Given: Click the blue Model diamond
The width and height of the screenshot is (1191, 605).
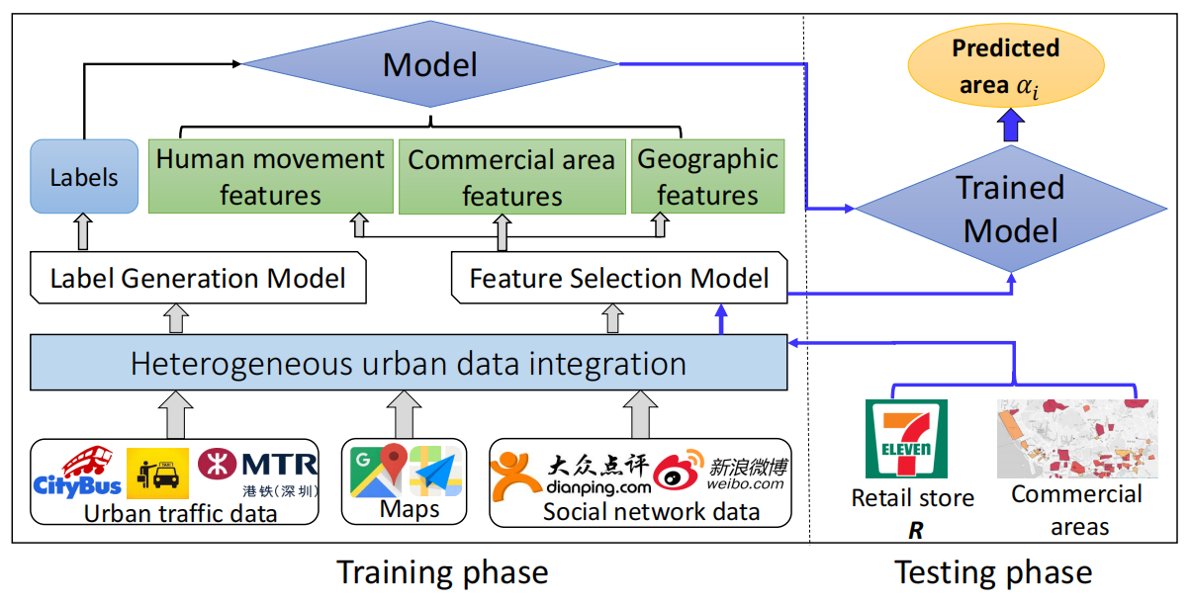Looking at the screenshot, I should coord(430,66).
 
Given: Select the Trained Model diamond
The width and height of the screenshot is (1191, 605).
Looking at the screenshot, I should coord(1010,209).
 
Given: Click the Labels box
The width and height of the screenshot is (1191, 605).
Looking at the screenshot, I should coord(84,177).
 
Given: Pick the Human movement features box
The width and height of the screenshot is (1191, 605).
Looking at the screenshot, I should coord(269,177).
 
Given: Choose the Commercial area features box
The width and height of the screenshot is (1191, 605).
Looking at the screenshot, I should coord(510,177).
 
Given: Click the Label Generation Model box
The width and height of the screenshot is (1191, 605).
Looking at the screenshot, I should coord(198,278).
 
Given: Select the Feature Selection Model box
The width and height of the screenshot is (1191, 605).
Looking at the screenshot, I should coord(618,278).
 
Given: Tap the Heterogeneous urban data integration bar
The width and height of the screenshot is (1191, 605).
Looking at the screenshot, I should coord(409,363).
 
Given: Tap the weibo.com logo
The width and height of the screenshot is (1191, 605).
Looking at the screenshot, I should coord(720,472).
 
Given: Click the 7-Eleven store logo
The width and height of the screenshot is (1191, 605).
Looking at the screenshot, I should coord(906,439).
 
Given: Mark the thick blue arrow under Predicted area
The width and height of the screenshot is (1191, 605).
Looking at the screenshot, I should coord(1008,125).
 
